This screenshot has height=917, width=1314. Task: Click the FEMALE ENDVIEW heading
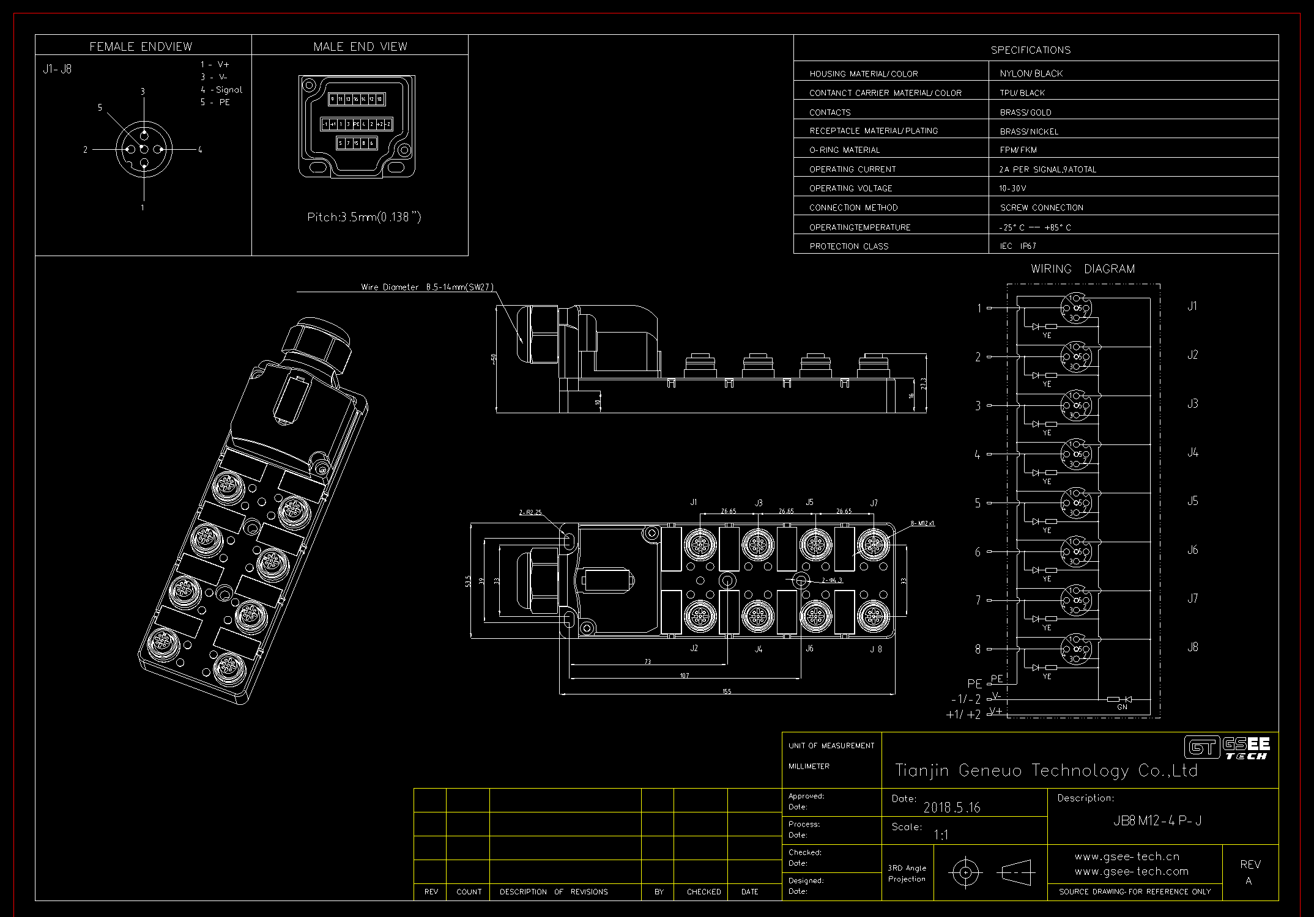(x=141, y=46)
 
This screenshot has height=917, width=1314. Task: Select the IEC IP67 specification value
(x=1018, y=246)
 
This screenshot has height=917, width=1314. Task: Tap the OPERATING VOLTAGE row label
(x=850, y=188)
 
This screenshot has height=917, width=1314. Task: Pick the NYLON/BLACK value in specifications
(x=1031, y=73)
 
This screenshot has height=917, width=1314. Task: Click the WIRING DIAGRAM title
(x=1082, y=269)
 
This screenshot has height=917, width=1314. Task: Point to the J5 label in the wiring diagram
(x=1192, y=501)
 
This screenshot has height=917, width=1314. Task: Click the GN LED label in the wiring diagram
(x=1122, y=707)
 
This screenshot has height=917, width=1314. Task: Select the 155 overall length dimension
(x=727, y=691)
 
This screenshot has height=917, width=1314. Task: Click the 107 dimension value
(x=684, y=676)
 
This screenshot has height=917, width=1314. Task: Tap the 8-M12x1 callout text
(x=922, y=523)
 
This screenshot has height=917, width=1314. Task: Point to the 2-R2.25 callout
(x=530, y=512)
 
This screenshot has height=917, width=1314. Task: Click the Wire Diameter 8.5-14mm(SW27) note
(x=427, y=287)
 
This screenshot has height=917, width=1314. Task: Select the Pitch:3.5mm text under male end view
(x=364, y=217)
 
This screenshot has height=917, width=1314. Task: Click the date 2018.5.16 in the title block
(x=952, y=808)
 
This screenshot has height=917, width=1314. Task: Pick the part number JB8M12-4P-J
(x=1157, y=821)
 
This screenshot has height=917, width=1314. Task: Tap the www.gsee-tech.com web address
(x=1131, y=871)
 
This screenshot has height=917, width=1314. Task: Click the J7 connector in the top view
(x=873, y=543)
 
